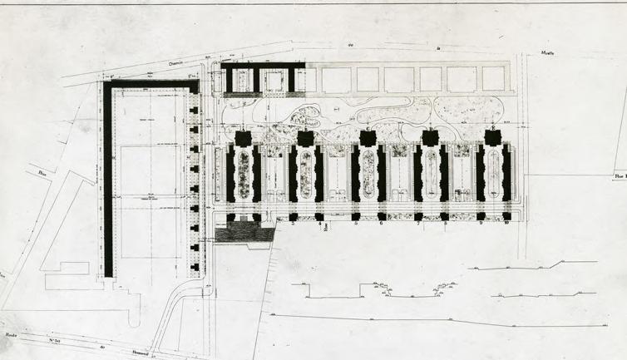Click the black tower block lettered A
click(x=244, y=138)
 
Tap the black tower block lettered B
click(x=305, y=138)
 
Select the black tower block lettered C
click(x=368, y=138)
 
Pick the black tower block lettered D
click(x=430, y=138)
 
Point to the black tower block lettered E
click(x=492, y=138)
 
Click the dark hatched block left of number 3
click(x=244, y=231)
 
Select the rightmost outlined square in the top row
click(x=493, y=79)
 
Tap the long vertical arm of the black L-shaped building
click(x=108, y=183)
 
